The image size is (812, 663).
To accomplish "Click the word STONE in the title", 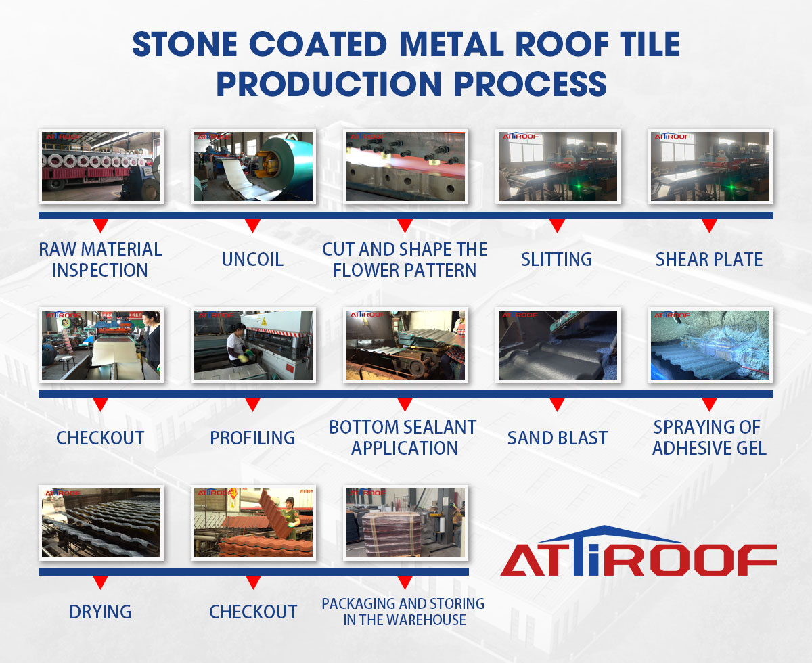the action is [x=185, y=44].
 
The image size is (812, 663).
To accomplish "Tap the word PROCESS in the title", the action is [x=530, y=83].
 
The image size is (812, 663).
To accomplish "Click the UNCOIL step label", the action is [x=252, y=259].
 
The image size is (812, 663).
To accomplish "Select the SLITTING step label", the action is [x=557, y=259].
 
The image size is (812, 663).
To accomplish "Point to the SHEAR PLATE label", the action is [x=709, y=259].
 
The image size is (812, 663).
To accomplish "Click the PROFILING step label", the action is [x=252, y=438].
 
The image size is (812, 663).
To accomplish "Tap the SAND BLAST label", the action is [x=557, y=438].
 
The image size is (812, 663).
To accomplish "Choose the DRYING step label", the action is [x=100, y=612].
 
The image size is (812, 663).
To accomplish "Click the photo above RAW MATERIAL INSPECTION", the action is [x=101, y=166].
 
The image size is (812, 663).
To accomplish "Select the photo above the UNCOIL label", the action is [x=253, y=166].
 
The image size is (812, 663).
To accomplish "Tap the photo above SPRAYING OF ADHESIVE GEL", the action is [x=710, y=345].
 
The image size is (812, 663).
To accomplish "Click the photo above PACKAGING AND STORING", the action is [x=405, y=523].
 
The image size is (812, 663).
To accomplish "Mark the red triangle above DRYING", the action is [x=101, y=582].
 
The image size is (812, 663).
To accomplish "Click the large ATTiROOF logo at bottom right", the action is [x=638, y=551].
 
